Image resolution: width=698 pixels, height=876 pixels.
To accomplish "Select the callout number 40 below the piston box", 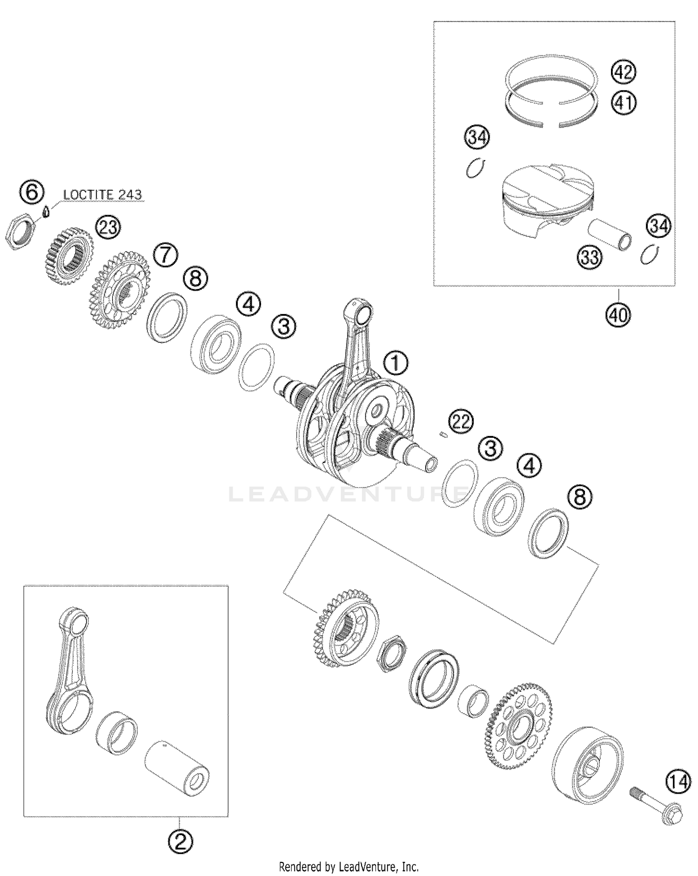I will click(618, 315).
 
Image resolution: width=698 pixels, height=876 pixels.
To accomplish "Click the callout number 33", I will click(590, 256).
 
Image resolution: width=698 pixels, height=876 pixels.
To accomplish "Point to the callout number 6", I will click(32, 192).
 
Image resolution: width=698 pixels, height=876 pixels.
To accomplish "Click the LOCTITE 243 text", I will click(102, 194).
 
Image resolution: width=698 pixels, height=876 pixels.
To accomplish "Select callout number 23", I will click(107, 227).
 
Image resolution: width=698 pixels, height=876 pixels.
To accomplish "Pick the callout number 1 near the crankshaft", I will click(395, 363).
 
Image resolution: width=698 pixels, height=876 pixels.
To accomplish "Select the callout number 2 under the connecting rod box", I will click(181, 841).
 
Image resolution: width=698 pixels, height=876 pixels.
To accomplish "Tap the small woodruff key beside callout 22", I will click(443, 435).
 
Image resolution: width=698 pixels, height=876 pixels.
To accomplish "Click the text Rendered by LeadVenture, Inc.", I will click(349, 867).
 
